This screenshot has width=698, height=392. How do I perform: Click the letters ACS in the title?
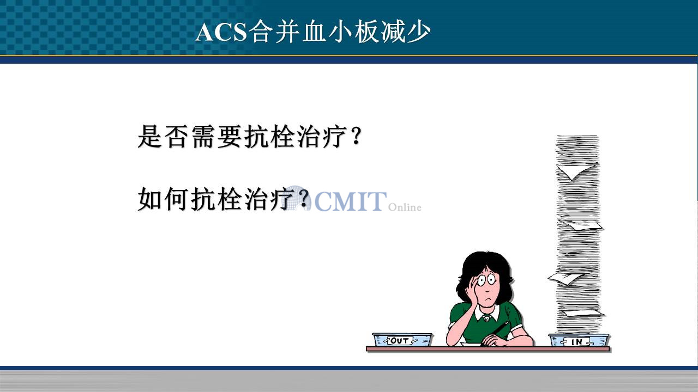(x=221, y=32)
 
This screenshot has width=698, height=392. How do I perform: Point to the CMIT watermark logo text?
(x=351, y=201)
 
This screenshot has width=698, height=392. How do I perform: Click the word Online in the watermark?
(x=405, y=207)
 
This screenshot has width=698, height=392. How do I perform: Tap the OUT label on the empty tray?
(x=400, y=340)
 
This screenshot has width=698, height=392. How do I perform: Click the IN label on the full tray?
(x=577, y=342)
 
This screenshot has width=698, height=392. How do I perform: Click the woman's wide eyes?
(x=487, y=279)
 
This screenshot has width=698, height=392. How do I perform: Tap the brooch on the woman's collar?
(x=486, y=318)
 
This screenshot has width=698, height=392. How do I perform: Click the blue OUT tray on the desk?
(x=402, y=340)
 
